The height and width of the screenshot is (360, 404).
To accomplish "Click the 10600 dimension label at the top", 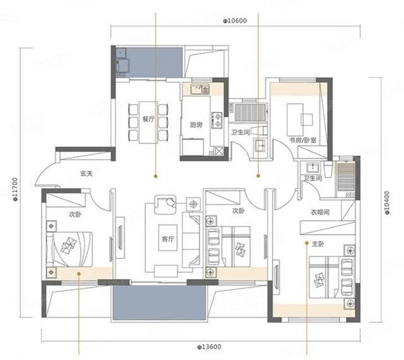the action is pos(235,21).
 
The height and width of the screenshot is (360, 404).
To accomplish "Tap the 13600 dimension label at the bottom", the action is pos(209,347).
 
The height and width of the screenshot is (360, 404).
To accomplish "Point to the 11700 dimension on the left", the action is pos(15,189).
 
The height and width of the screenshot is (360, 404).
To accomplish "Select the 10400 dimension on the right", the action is pos(387,203).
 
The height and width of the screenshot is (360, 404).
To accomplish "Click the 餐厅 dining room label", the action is pos(149,119).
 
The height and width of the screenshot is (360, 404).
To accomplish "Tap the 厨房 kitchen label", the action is pos(196,125).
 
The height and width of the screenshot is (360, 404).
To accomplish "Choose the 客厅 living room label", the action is pos(168,239).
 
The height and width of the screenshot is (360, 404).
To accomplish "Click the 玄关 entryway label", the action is pos(86,174).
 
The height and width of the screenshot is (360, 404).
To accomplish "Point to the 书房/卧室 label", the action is pos(303,140).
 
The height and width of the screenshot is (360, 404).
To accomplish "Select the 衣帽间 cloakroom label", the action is pos(320,212).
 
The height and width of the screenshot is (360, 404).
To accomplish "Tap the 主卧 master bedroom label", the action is pos(318,244).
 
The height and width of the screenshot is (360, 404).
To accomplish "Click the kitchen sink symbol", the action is pos(200,89).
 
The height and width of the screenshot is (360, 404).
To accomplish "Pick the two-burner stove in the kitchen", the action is pos(217,120).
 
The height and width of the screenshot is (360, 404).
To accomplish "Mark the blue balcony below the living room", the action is pos(159,303).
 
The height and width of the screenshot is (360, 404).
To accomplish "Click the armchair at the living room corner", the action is pos(165,205).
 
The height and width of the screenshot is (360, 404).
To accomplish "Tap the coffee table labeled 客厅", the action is pos(168,237).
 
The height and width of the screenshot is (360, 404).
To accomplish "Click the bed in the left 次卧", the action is pos(69,249).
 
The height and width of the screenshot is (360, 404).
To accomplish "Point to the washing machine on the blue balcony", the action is pos(123,66).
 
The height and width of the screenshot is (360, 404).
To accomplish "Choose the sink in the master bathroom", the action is pos(313,167).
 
